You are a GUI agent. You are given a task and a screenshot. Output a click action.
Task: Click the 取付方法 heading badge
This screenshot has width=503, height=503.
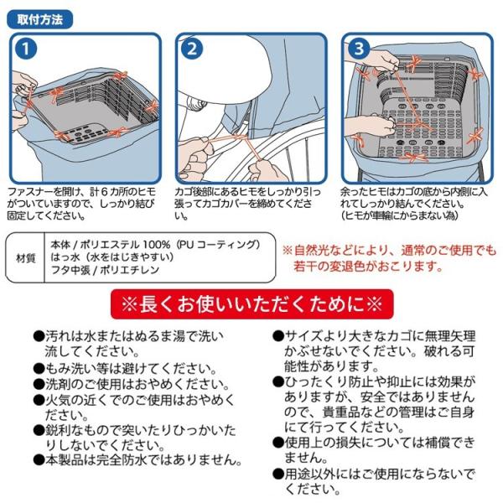(39, 20)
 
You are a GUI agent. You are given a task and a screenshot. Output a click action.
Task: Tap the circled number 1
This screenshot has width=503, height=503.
(26, 49)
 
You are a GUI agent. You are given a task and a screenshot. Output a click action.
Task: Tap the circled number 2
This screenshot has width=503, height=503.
(192, 49)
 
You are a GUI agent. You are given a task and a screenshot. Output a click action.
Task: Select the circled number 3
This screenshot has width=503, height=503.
(359, 49)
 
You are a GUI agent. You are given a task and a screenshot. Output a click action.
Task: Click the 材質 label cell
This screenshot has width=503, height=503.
(25, 257)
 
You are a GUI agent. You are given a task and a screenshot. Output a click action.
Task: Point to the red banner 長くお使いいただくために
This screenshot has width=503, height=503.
(251, 303)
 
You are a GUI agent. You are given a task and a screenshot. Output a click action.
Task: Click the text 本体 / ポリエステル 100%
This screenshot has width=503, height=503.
(110, 245)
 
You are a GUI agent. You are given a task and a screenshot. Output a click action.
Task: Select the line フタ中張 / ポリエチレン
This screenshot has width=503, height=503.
(105, 270)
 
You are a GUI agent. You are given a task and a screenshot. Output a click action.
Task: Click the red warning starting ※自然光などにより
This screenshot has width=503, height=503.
(389, 258)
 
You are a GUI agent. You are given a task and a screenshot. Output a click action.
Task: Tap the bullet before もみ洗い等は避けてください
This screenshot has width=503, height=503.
(39, 369)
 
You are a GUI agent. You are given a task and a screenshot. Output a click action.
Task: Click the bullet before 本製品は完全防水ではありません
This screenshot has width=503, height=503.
(39, 460)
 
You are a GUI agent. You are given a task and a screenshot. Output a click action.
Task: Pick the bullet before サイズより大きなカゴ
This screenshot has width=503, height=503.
(278, 336)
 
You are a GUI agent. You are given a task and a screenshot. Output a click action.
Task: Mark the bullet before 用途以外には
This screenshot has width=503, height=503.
(278, 474)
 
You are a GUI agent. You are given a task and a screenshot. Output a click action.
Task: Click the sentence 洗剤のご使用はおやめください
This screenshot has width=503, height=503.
(137, 384)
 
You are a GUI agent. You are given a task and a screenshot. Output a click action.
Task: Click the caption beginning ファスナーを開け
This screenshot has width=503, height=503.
(81, 204)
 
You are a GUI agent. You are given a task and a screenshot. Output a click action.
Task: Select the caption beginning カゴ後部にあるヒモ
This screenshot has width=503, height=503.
(247, 204)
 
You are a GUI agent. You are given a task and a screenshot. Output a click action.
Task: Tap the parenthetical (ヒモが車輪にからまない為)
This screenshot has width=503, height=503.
(399, 215)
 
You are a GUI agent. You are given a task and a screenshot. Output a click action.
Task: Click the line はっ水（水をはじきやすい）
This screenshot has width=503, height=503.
(112, 257)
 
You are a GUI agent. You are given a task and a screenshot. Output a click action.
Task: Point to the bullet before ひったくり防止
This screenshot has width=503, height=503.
(278, 382)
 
